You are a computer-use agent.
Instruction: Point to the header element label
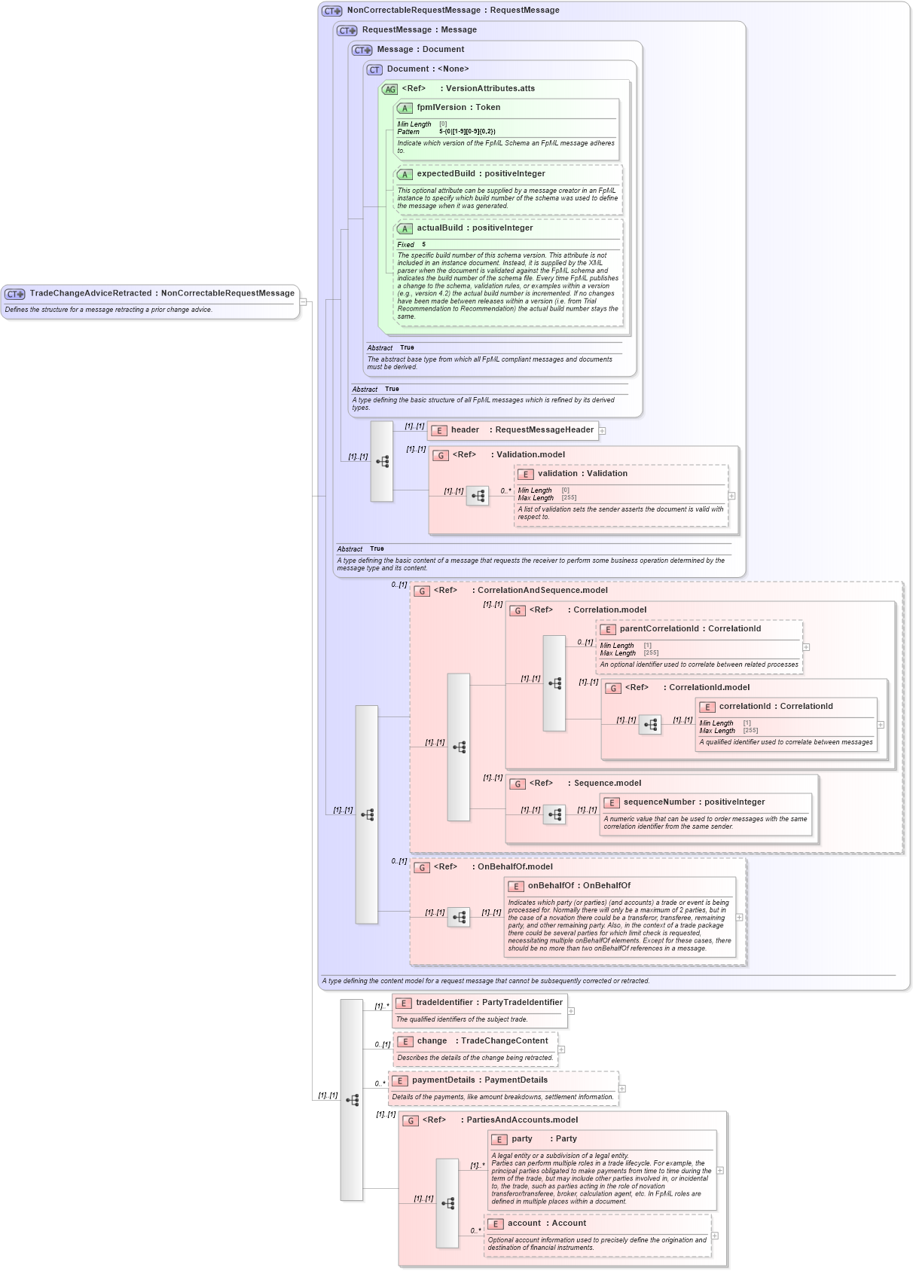tap(465, 430)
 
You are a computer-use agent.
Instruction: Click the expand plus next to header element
tap(603, 431)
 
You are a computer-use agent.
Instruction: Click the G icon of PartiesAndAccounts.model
tap(411, 1121)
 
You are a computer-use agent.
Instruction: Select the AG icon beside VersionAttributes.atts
tap(389, 90)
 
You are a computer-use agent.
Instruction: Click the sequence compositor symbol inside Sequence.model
tap(555, 814)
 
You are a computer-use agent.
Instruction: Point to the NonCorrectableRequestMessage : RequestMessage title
tap(453, 11)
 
